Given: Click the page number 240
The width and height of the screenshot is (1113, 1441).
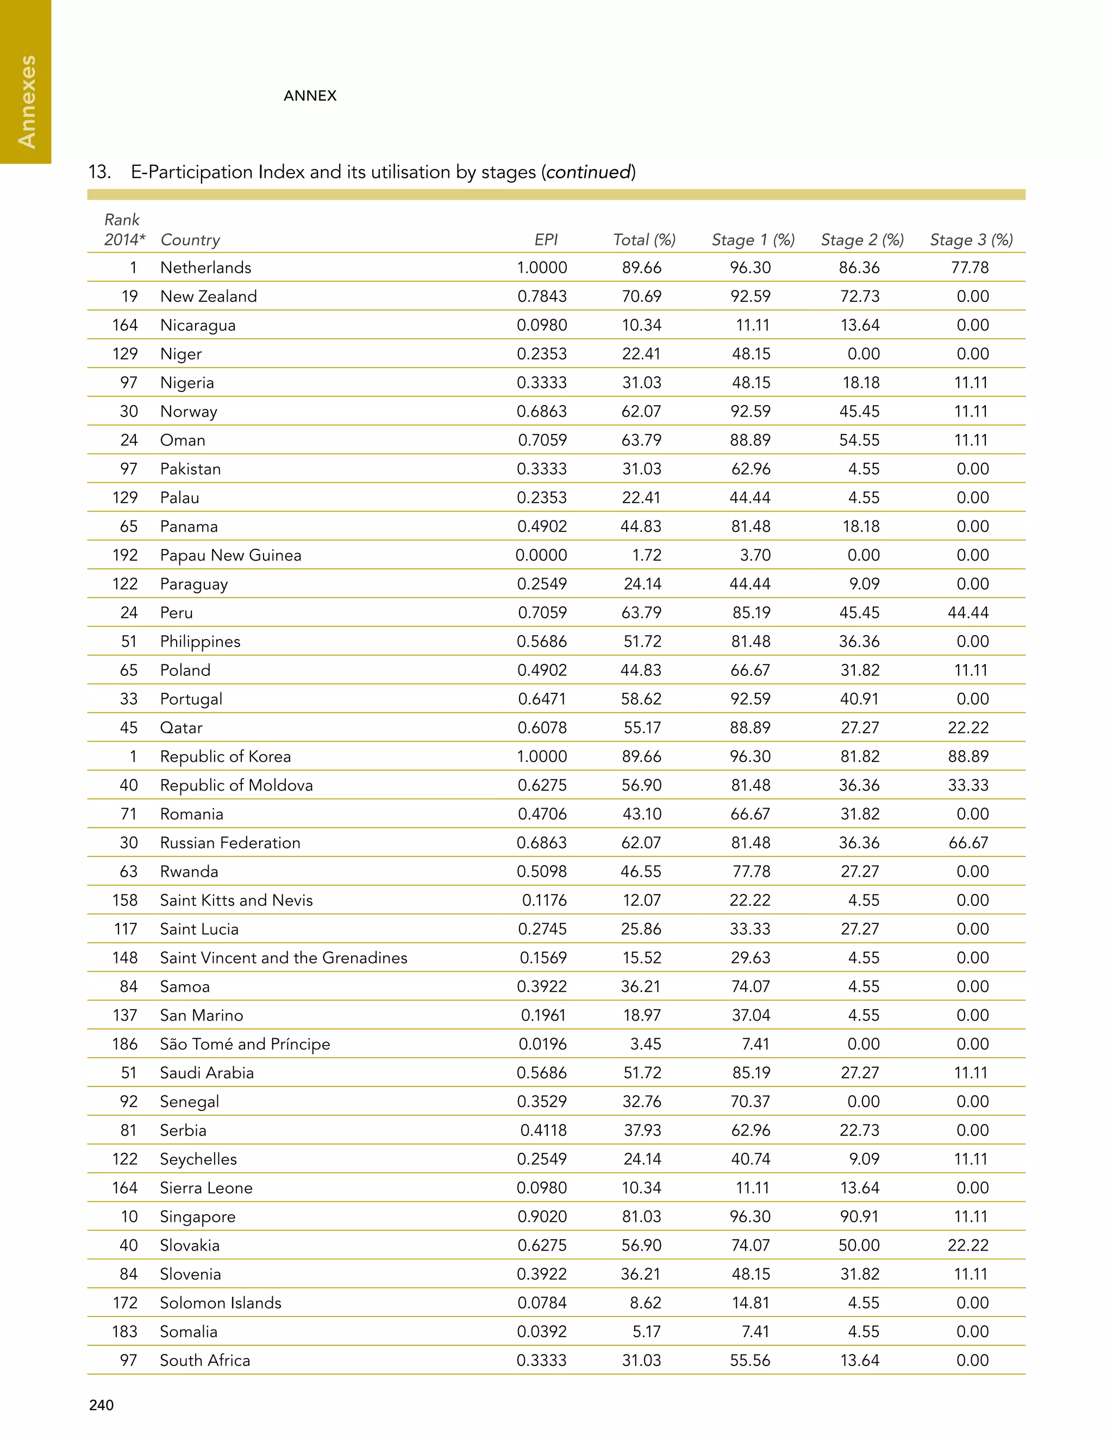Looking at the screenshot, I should [x=101, y=1405].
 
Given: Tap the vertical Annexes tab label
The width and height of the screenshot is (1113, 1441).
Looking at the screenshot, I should [x=27, y=102].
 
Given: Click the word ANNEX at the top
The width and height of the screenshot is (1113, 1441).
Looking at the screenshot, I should [x=310, y=96].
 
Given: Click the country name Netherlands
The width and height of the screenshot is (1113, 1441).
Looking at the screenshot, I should [x=206, y=267].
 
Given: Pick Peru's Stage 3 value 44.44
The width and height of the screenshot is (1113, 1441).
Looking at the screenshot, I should [x=968, y=612].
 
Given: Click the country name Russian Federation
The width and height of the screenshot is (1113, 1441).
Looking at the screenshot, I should [x=230, y=842].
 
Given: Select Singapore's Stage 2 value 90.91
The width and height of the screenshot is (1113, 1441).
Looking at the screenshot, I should [x=859, y=1216].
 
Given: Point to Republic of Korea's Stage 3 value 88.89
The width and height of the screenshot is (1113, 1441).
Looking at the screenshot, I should [x=968, y=756].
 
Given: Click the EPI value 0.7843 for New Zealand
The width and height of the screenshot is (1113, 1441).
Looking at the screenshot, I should [x=541, y=296].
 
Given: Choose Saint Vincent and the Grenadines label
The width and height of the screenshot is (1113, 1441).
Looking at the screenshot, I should [x=284, y=958].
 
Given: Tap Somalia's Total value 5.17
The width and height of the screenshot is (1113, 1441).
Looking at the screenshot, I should [x=646, y=1332].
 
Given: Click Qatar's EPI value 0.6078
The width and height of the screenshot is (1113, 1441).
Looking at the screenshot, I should [x=541, y=727].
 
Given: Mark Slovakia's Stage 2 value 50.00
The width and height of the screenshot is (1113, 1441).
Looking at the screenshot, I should [x=859, y=1245].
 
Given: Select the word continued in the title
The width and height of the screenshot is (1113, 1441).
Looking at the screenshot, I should [x=588, y=172].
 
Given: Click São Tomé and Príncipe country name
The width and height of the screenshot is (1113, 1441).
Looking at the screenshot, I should [x=245, y=1044].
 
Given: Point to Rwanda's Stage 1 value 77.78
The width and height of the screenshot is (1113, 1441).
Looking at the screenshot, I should [x=751, y=871].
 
